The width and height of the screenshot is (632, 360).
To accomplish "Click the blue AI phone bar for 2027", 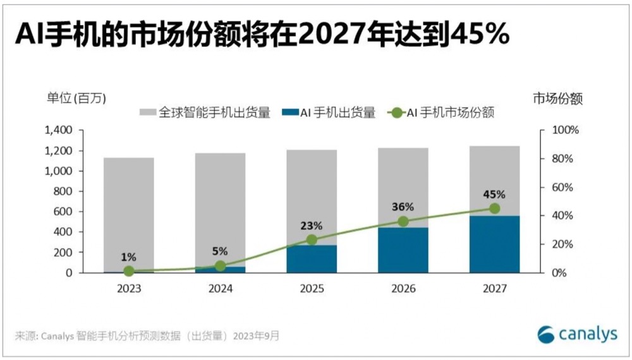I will click(495, 244).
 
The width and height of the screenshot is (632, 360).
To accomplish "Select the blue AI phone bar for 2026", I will click(403, 250).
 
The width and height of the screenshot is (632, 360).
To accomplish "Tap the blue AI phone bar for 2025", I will click(312, 259).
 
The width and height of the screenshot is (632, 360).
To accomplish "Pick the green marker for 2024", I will click(220, 266).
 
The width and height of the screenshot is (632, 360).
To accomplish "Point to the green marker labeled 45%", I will click(494, 208).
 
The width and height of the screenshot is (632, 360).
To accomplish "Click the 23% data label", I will click(312, 225).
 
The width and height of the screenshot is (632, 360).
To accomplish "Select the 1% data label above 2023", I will click(129, 256).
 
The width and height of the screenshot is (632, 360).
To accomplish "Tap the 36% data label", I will click(403, 207).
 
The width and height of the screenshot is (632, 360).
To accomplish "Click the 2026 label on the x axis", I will click(403, 289).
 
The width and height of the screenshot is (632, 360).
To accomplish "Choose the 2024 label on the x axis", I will click(220, 289).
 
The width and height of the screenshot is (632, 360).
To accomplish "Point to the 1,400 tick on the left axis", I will click(60, 130).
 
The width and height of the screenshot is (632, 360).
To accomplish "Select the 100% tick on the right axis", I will click(562, 130).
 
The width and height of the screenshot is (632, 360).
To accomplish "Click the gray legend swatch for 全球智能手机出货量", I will click(147, 113).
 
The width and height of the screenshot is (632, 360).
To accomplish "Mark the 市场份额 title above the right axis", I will click(557, 98).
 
